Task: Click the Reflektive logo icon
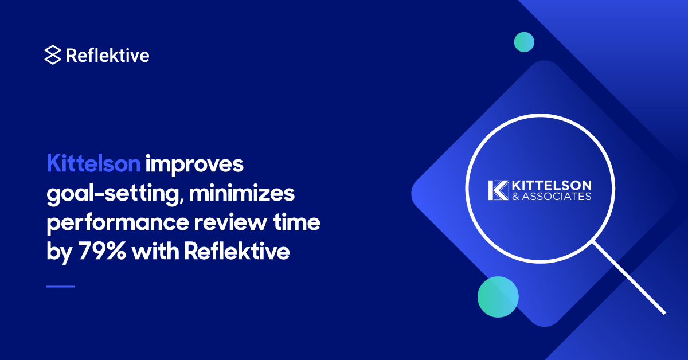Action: [52, 55]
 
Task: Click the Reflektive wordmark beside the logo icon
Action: [108, 55]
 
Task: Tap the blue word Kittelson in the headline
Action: [93, 165]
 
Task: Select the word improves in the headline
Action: [195, 165]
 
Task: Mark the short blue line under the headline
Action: [60, 286]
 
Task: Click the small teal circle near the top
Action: [524, 42]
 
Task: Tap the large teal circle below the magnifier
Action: [498, 297]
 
